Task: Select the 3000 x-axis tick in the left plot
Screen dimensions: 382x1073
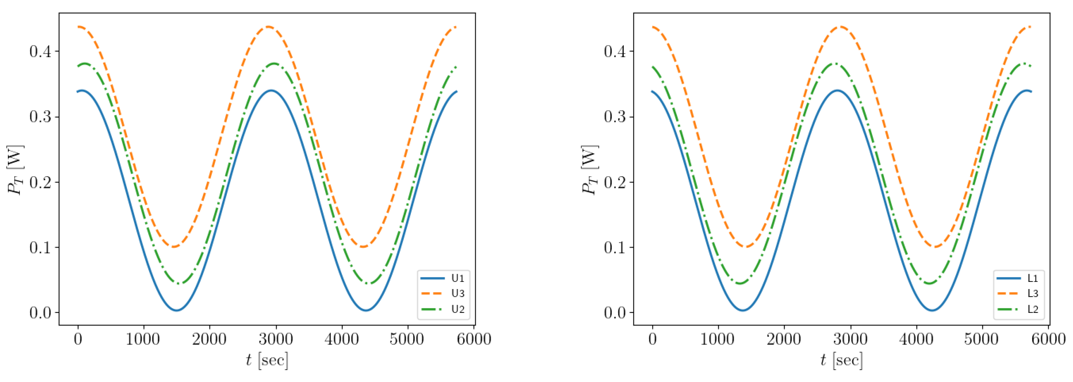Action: pos(275,339)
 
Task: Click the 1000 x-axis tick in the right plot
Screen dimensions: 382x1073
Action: pos(718,339)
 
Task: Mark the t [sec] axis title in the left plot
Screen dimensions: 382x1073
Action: pos(267,360)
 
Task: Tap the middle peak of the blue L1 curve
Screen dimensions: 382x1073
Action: pos(837,91)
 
